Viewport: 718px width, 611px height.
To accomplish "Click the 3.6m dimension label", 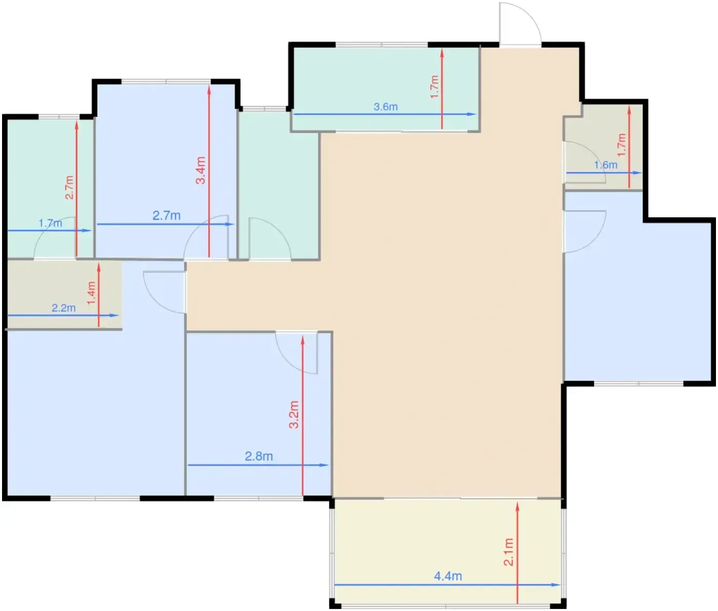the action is point(385,107).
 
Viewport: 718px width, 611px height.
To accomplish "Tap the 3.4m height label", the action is point(201,170).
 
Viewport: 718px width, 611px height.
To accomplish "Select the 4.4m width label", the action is point(448,576).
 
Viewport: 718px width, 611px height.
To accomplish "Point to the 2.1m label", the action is point(508,551).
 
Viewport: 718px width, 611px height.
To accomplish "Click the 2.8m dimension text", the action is point(259,456).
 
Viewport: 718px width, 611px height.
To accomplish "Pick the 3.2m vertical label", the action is point(294,415).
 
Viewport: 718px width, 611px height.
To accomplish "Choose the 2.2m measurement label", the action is point(64,308).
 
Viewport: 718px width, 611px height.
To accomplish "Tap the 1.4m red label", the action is point(91,293).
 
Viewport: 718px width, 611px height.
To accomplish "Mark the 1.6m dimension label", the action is point(606,165).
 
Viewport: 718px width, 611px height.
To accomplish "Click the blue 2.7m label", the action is point(166,216).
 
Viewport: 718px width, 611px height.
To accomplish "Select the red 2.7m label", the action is point(69,187).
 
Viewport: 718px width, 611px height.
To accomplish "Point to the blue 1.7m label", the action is point(50,223).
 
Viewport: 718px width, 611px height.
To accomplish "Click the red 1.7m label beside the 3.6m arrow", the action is point(434,87).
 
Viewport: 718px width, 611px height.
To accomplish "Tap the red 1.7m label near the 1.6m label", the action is point(622,145).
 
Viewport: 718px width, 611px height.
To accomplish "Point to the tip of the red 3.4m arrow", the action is point(209,86).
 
